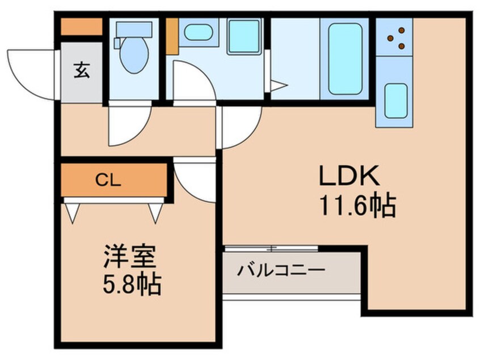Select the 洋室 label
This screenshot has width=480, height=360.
tap(130, 257)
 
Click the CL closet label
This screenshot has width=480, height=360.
tap(108, 181)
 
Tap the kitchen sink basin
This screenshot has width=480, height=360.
tap(396, 100)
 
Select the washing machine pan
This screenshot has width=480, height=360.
tap(244, 36)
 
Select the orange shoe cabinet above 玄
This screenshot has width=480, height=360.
tap(81, 27)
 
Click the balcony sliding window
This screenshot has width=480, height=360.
tap(271, 248)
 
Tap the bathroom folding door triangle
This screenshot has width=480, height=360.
tap(278, 86)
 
